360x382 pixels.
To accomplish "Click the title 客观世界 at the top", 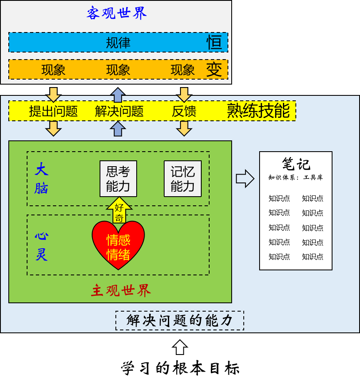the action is click(x=117, y=13).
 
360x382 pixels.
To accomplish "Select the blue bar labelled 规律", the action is click(x=118, y=42).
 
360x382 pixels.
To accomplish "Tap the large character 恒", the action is click(x=214, y=42).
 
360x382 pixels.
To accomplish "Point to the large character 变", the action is click(x=214, y=70).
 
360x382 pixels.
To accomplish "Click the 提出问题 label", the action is click(x=53, y=111).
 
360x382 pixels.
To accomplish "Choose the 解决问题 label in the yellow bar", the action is click(x=119, y=111).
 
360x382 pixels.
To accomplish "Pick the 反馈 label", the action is click(x=184, y=111).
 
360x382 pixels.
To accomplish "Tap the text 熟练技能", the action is click(x=258, y=111).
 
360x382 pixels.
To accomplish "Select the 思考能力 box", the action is click(x=118, y=179).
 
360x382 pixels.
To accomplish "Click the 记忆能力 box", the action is click(x=182, y=179).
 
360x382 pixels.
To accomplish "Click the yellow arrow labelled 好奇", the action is click(x=119, y=210).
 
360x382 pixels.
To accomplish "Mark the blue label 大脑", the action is click(x=41, y=179).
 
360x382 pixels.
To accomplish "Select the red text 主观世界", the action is click(x=121, y=291).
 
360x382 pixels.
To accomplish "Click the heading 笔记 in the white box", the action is click(x=296, y=164).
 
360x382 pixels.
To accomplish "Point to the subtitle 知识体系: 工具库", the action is click(x=296, y=177).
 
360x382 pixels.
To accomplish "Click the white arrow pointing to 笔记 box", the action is click(x=245, y=179).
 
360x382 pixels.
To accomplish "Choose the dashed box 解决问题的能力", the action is click(x=180, y=320).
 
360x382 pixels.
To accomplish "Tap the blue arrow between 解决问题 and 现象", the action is click(x=118, y=95).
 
